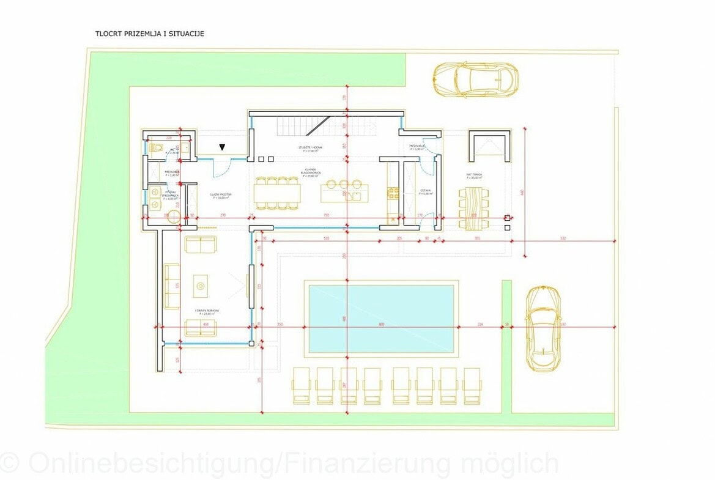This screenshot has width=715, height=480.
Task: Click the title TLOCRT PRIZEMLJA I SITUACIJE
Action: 149,34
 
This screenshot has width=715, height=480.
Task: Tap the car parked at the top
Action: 475,79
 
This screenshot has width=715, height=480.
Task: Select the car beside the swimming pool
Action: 543,328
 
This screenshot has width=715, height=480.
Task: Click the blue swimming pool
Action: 382,319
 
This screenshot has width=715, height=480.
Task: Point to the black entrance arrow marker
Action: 223,146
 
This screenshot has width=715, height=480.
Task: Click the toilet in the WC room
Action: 155,147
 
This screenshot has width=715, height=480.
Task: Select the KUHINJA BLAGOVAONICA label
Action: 311,172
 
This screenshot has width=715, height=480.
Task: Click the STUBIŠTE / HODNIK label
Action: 310,149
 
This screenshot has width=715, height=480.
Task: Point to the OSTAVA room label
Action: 425,191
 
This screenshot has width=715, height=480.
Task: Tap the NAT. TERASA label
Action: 473,175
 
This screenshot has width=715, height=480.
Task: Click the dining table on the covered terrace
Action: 473,208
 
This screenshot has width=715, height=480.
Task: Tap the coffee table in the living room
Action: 200,285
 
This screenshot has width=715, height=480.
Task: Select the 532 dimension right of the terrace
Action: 562,238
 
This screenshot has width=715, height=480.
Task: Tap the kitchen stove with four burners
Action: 392,193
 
